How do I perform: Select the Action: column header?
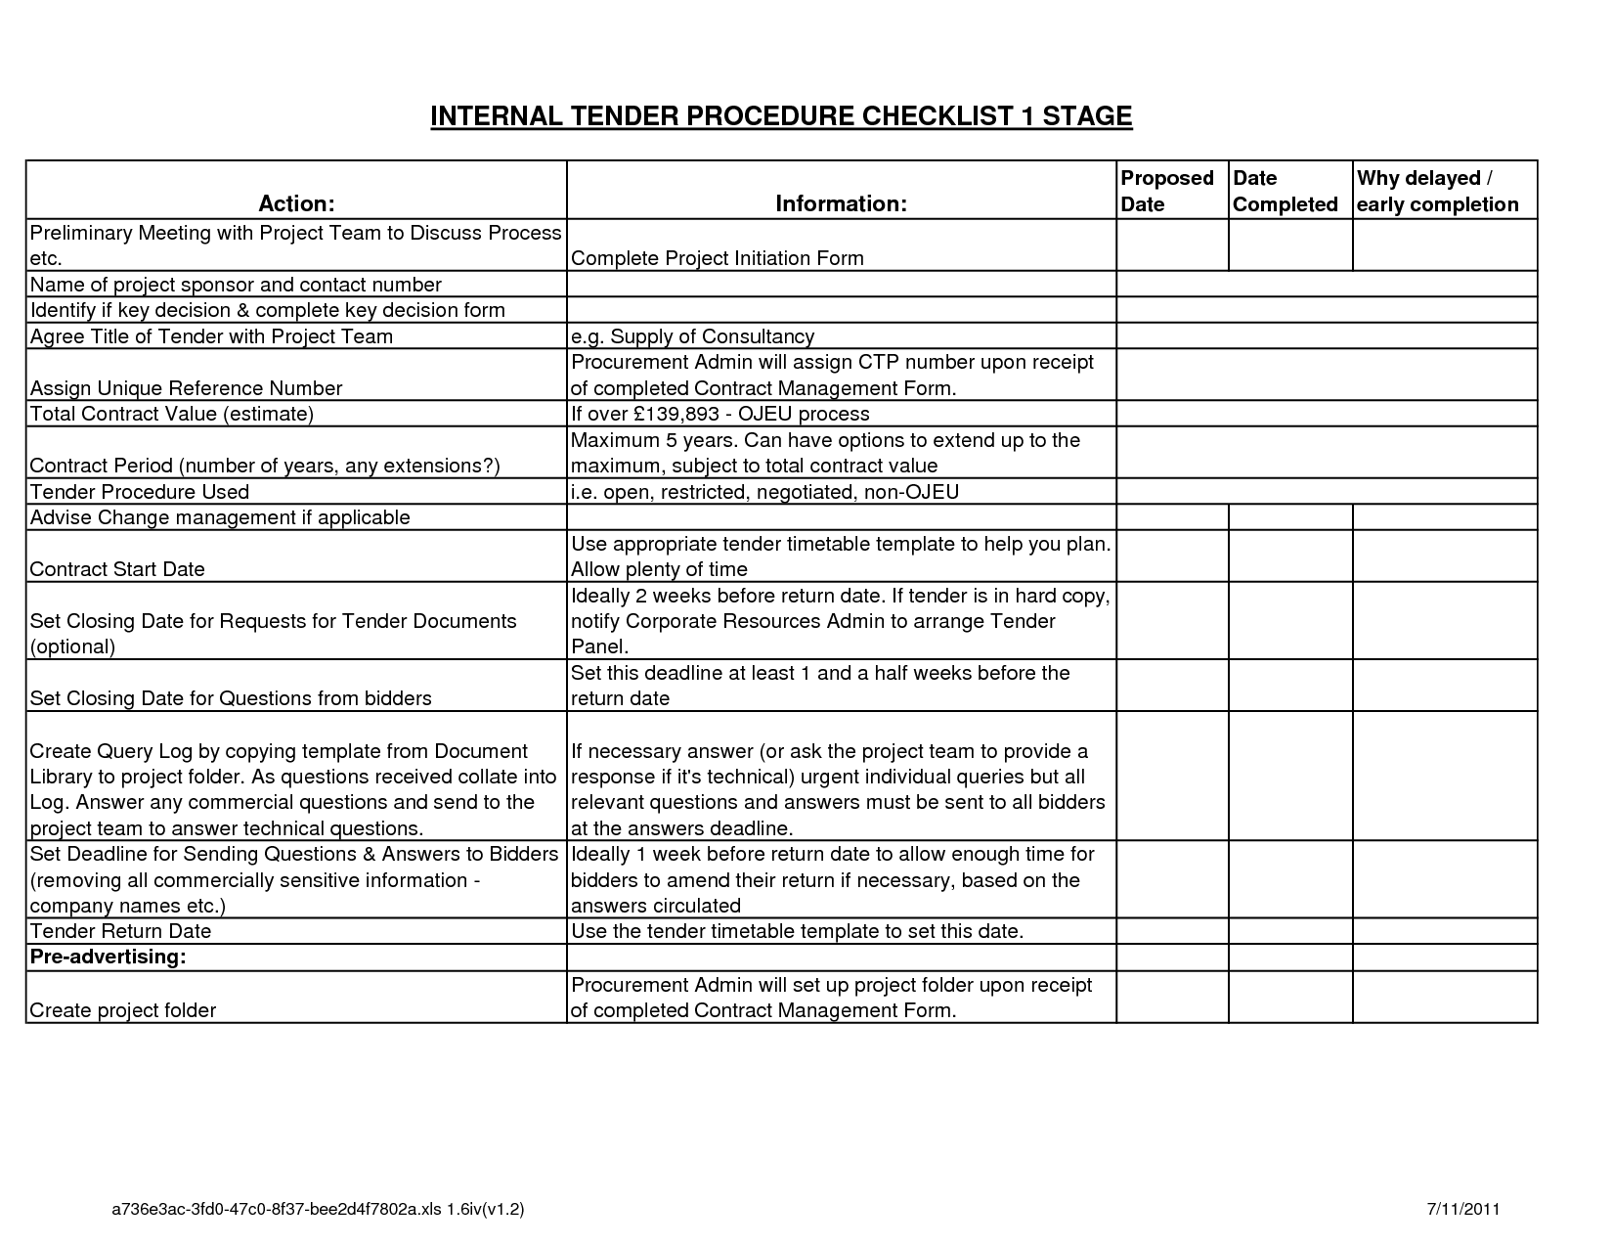pos(296,203)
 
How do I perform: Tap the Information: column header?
pos(841,203)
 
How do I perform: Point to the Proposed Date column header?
pos(1166,191)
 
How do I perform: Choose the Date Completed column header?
pos(1285,191)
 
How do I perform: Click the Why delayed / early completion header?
pos(1437,191)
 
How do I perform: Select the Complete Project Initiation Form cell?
pos(717,258)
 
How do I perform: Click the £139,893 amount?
pos(672,414)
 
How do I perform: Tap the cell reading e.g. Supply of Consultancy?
pos(692,336)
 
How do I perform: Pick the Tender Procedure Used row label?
pos(140,492)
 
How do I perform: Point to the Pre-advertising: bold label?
pos(108,957)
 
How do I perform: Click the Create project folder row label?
pos(123,1010)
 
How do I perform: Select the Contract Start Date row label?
pos(117,569)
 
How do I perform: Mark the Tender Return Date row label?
pos(120,931)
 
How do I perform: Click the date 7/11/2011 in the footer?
pos(1463,1209)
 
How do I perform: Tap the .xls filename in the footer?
pos(319,1210)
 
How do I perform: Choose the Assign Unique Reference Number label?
pos(186,388)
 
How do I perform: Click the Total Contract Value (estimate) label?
pos(172,414)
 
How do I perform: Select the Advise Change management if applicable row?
pos(220,517)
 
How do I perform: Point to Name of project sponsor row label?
pos(236,285)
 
